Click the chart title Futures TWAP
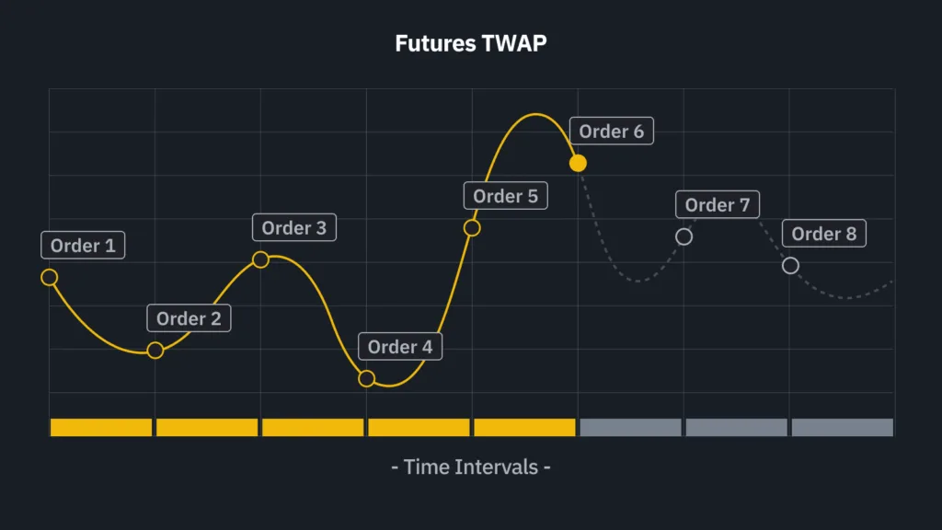click(471, 43)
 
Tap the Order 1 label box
click(83, 245)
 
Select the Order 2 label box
click(189, 317)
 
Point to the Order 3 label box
click(294, 228)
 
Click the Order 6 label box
click(612, 131)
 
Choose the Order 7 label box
click(718, 205)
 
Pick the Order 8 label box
click(823, 233)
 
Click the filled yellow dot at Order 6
click(578, 163)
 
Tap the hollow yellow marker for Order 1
click(50, 277)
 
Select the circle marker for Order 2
click(155, 350)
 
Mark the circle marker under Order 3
click(260, 259)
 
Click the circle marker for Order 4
click(366, 378)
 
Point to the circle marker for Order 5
click(472, 228)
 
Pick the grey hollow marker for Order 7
click(684, 236)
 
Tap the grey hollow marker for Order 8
click(790, 266)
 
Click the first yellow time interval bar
click(101, 427)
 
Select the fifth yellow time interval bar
click(524, 427)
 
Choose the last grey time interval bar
click(843, 427)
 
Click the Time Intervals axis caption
click(471, 467)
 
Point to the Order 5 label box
click(506, 196)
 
